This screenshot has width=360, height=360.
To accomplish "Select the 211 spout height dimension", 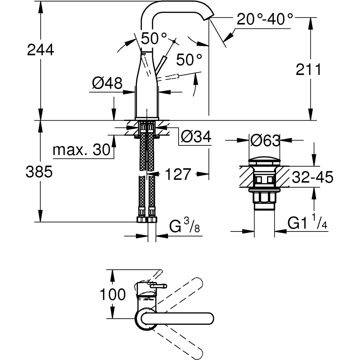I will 308,69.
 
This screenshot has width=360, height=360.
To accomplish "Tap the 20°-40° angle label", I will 265,19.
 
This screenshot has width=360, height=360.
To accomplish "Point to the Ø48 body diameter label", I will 107,84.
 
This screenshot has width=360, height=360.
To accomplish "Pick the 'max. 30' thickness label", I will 81,149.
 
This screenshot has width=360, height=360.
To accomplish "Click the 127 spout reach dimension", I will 177,175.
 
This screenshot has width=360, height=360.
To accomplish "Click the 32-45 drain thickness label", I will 312,177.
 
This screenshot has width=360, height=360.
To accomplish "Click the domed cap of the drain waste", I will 265,161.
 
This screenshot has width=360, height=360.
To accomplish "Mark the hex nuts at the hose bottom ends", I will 147,219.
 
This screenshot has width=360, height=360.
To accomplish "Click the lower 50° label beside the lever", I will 189,59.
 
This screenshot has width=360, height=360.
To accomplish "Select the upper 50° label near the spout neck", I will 154,37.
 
